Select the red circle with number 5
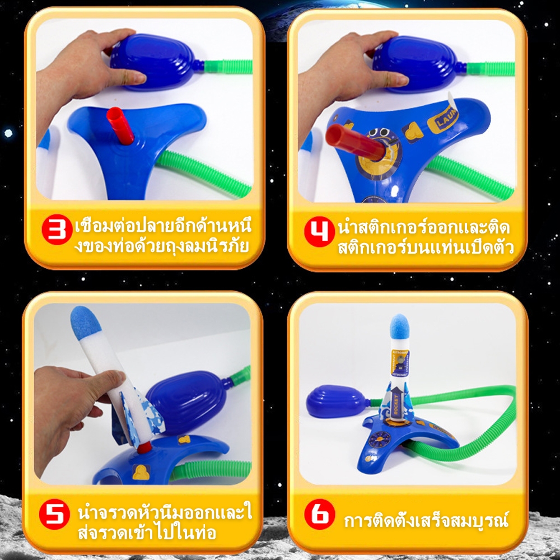point(54,514)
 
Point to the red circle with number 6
point(320,514)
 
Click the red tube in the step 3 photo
point(120,125)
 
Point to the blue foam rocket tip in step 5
point(86,323)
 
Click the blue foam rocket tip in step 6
point(400,326)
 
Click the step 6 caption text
point(426,520)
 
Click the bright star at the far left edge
point(8,134)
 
